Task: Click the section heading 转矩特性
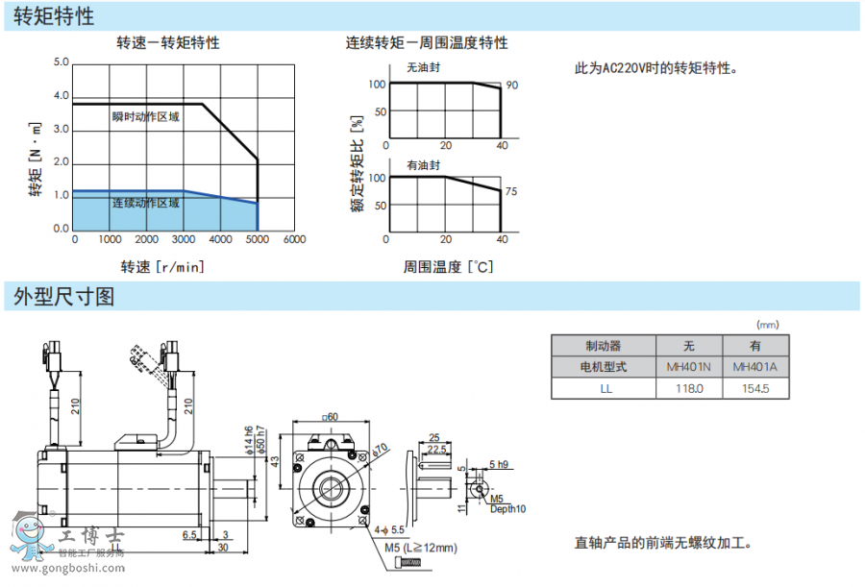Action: (x=55, y=15)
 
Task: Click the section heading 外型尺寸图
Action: (x=64, y=297)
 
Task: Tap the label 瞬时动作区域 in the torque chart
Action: (x=146, y=117)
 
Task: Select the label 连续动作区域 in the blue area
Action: (x=146, y=203)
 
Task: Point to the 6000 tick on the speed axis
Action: (x=294, y=239)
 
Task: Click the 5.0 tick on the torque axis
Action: (x=62, y=63)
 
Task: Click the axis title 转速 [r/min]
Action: (x=162, y=266)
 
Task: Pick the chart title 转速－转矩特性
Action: (x=168, y=43)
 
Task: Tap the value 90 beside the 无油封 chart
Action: (x=511, y=86)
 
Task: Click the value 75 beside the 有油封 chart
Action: (x=511, y=192)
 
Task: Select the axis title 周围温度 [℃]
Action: (x=448, y=266)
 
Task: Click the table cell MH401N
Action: (x=688, y=366)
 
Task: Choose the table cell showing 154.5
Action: (x=755, y=388)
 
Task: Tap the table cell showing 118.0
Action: (x=688, y=388)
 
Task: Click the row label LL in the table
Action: (x=605, y=388)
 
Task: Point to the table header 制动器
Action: (x=605, y=345)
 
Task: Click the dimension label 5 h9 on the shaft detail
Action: (x=499, y=464)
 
